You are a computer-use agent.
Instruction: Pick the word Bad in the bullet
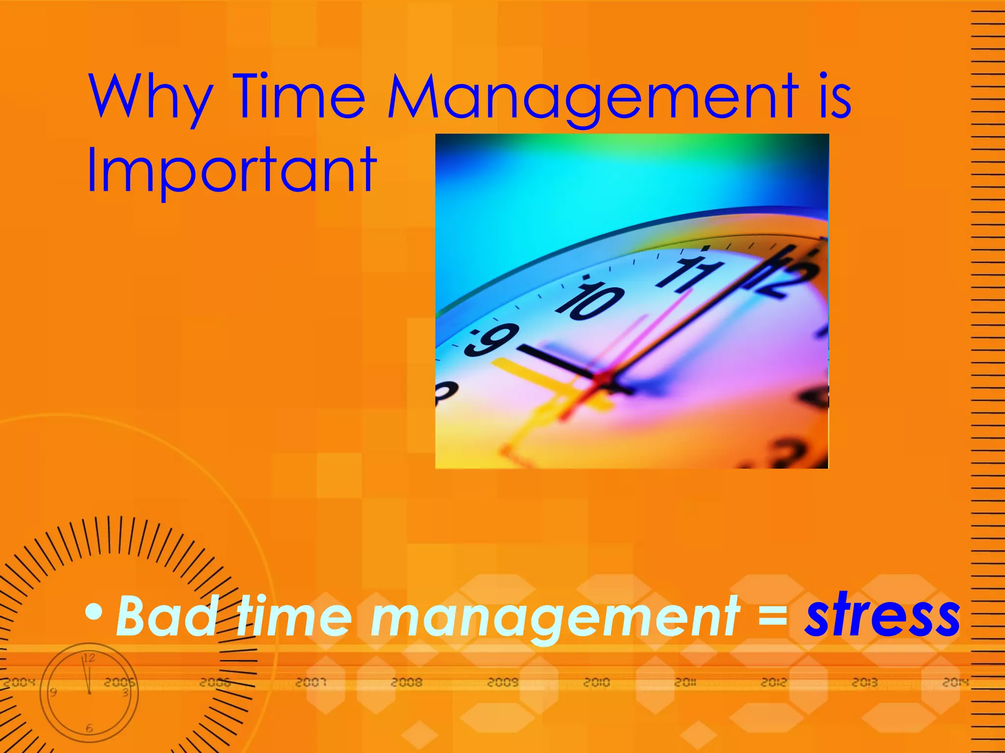coord(166,616)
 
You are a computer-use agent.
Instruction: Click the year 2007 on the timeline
coord(311,682)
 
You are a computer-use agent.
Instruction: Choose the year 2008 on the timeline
coord(407,682)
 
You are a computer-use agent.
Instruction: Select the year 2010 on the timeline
coord(597,682)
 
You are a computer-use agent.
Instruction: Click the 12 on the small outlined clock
coord(89,658)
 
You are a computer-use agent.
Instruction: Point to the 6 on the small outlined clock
coord(89,728)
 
